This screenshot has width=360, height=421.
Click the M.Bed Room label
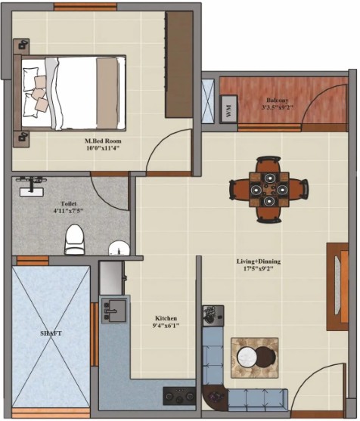pyautogui.click(x=103, y=141)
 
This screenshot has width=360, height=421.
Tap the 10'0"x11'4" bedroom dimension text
pyautogui.click(x=103, y=148)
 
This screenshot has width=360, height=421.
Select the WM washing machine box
pyautogui.click(x=228, y=109)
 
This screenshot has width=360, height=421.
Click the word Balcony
pyautogui.click(x=278, y=101)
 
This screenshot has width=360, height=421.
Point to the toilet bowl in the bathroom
pyautogui.click(x=74, y=240)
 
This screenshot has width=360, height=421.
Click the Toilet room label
pyautogui.click(x=69, y=203)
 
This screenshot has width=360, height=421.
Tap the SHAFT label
pyautogui.click(x=51, y=333)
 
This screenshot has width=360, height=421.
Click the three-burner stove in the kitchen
pyautogui.click(x=179, y=396)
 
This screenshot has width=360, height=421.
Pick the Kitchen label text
pyautogui.click(x=166, y=318)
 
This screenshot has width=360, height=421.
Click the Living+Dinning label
pyautogui.click(x=259, y=262)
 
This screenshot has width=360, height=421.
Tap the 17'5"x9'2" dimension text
pyautogui.click(x=259, y=268)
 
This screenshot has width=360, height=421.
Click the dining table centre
pyautogui.click(x=269, y=190)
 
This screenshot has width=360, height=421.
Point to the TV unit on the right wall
pyautogui.click(x=337, y=286)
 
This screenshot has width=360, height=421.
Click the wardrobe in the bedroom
pyautogui.click(x=179, y=64)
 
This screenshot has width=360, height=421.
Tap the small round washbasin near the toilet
pyautogui.click(x=119, y=248)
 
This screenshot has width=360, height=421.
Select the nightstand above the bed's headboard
pyautogui.click(x=21, y=46)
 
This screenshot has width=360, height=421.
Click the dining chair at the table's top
pyautogui.click(x=268, y=164)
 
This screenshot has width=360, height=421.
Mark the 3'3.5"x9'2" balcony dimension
pyautogui.click(x=278, y=107)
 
